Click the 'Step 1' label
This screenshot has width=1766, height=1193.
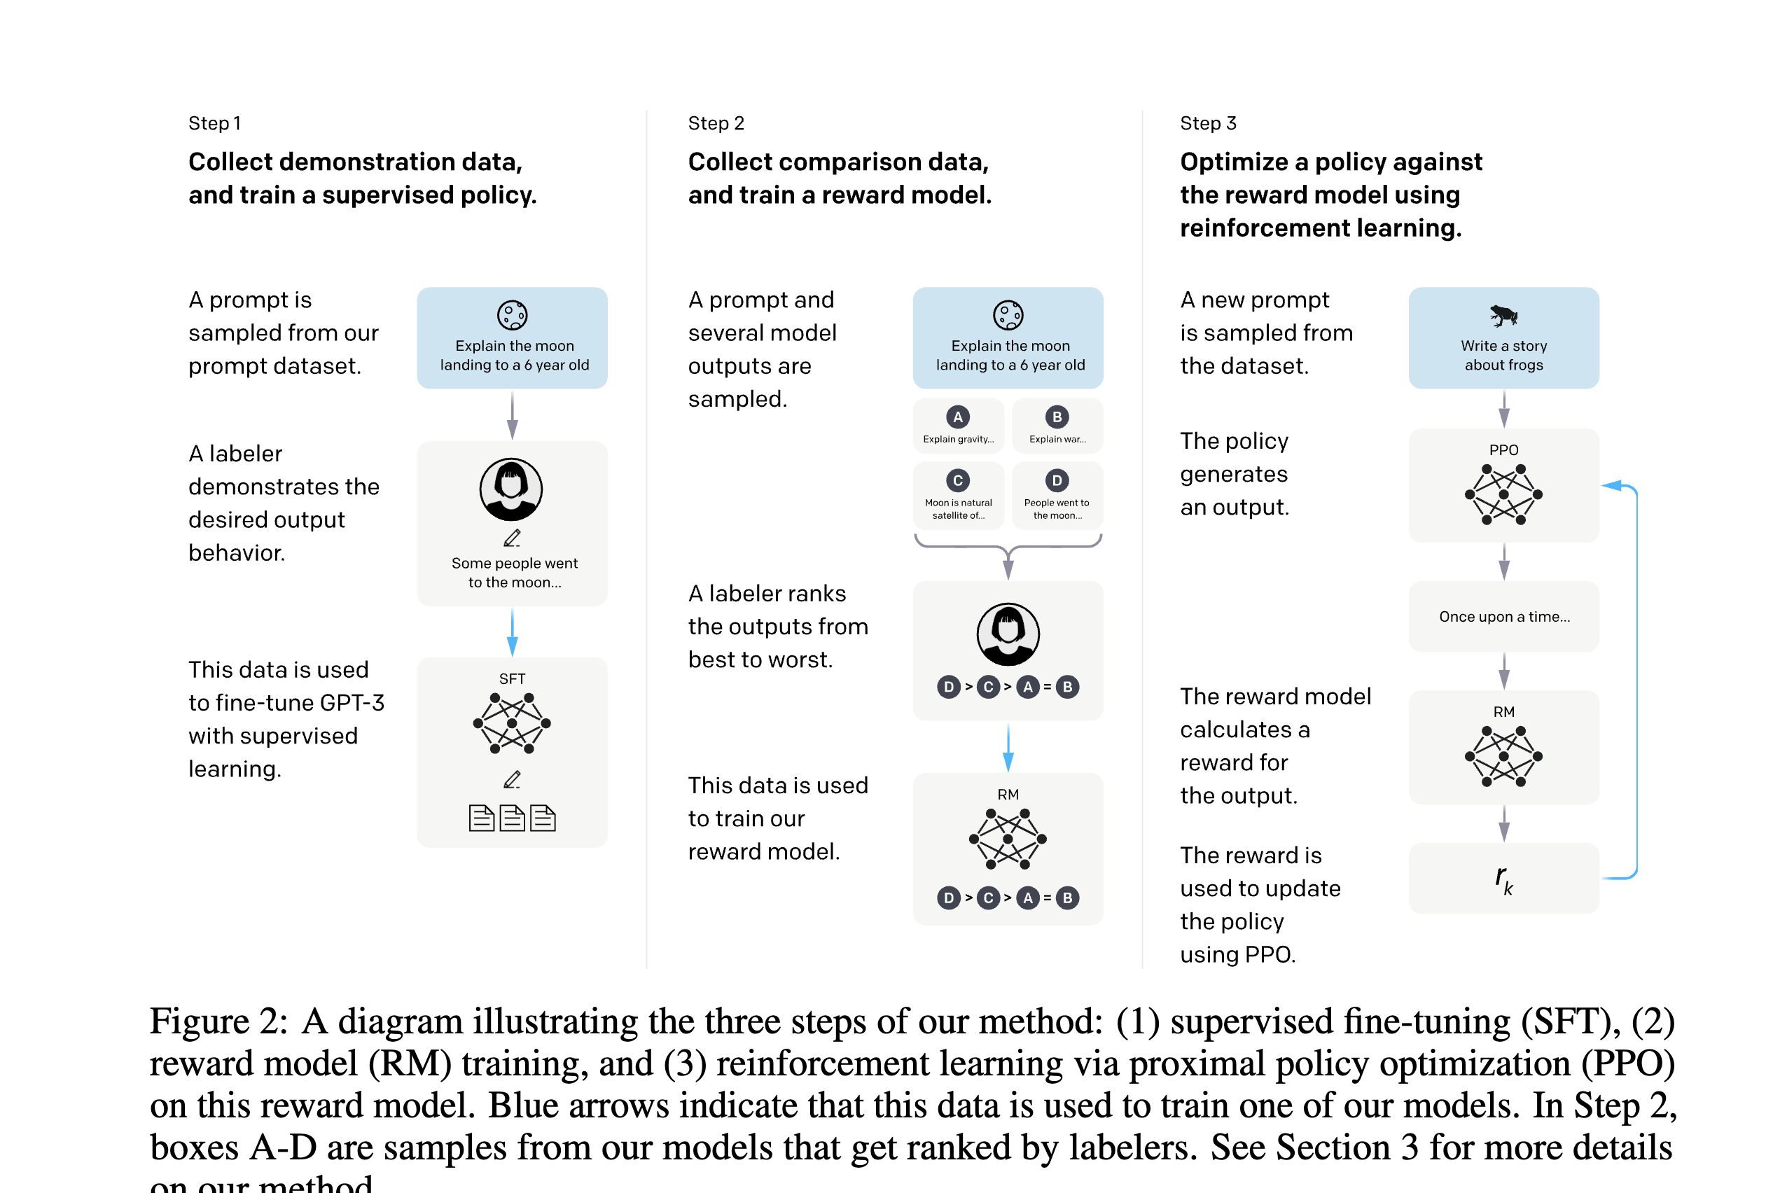(x=214, y=123)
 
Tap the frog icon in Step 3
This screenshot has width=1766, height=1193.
(x=1503, y=314)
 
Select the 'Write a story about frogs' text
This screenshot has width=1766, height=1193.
(x=1503, y=355)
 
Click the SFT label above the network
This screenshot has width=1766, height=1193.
(x=511, y=678)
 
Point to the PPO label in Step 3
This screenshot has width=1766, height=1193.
(x=1503, y=450)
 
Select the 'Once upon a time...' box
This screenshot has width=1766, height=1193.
(x=1503, y=616)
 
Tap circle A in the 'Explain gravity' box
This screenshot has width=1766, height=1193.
(x=957, y=417)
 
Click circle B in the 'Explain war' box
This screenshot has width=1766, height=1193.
(x=1056, y=417)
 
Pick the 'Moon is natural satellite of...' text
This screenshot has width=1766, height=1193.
(x=958, y=509)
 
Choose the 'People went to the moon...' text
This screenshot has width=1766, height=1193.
(x=1056, y=509)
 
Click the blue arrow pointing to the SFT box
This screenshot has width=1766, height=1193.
(x=511, y=634)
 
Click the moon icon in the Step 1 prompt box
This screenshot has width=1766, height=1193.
(x=511, y=314)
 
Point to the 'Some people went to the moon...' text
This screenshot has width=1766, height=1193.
(x=515, y=572)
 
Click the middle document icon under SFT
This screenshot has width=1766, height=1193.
(x=511, y=818)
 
